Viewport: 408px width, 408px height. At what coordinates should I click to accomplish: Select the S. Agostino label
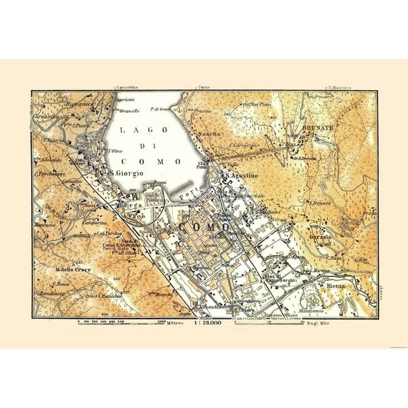244,174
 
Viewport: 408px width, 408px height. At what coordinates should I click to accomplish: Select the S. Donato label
318,203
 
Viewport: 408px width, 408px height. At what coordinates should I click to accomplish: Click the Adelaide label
52,161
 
